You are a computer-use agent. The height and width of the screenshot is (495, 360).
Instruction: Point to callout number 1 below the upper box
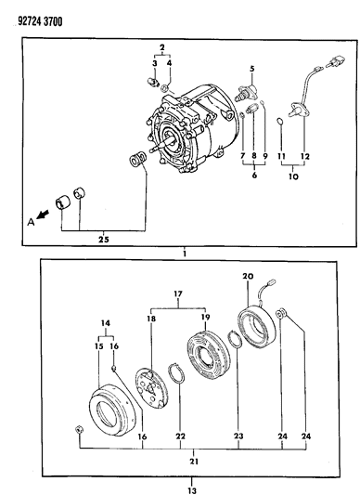[x=185, y=253]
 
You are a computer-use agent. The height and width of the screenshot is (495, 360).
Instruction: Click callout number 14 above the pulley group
[x=104, y=328]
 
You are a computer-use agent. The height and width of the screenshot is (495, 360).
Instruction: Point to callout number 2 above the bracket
[x=162, y=46]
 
